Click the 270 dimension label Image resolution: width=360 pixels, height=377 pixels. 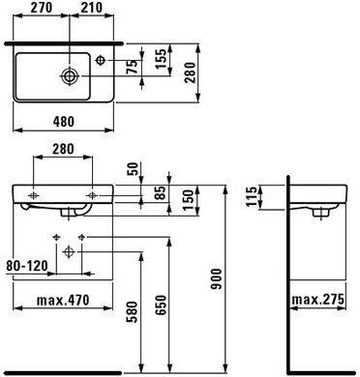coord(42,8)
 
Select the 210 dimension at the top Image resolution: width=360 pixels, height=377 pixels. coord(92,8)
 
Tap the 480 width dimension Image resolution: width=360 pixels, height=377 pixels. coord(64,122)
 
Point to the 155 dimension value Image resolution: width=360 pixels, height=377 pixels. coord(161,59)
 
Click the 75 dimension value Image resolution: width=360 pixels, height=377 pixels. coord(133,67)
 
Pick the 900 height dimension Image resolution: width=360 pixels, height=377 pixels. coord(216,279)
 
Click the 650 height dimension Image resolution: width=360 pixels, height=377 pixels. coord(161,304)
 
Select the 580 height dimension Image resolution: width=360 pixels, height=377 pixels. coord(132,311)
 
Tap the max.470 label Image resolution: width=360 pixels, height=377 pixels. coord(63,300)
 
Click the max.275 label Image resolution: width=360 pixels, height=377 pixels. coord(318,300)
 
